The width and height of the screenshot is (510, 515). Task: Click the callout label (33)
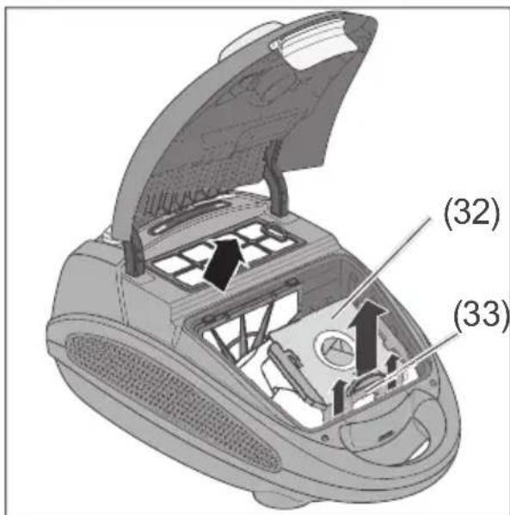(482, 314)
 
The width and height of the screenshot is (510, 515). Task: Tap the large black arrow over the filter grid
(224, 264)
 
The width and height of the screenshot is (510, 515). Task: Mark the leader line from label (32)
(380, 268)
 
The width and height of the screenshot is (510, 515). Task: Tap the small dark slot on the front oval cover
(386, 437)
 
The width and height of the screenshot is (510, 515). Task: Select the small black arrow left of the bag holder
(339, 396)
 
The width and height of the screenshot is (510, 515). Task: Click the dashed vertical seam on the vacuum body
(122, 295)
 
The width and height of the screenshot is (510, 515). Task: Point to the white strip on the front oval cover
(419, 450)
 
